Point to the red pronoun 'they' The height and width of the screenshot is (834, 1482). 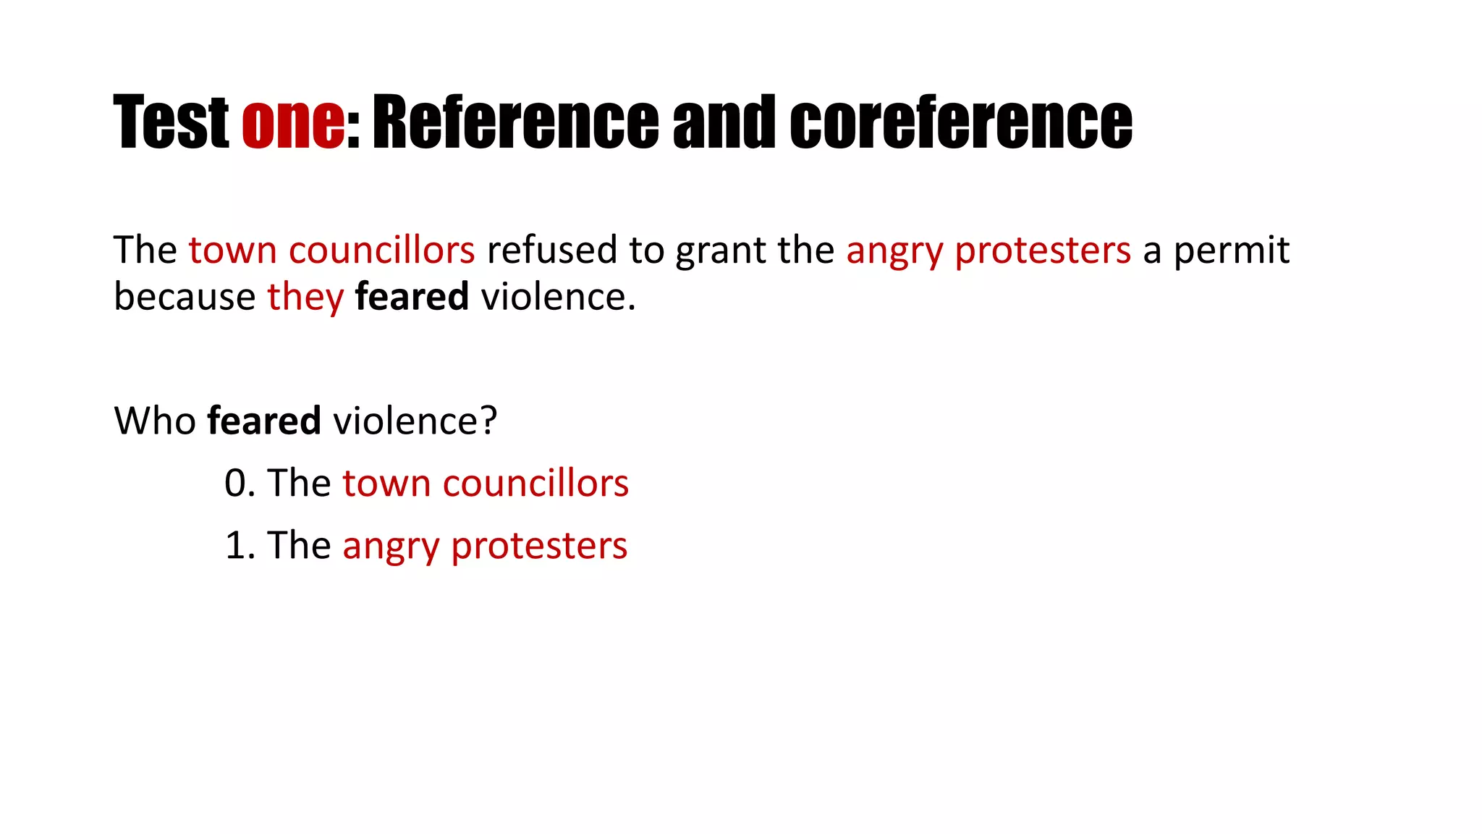305,298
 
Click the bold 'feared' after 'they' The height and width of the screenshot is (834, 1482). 412,297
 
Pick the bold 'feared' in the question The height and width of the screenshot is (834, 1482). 264,421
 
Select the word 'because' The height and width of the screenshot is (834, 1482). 185,297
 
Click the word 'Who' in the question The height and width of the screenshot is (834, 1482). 155,421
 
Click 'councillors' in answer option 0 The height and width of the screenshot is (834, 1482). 535,483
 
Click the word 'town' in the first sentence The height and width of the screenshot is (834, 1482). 232,250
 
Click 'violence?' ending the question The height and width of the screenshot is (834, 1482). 415,421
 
